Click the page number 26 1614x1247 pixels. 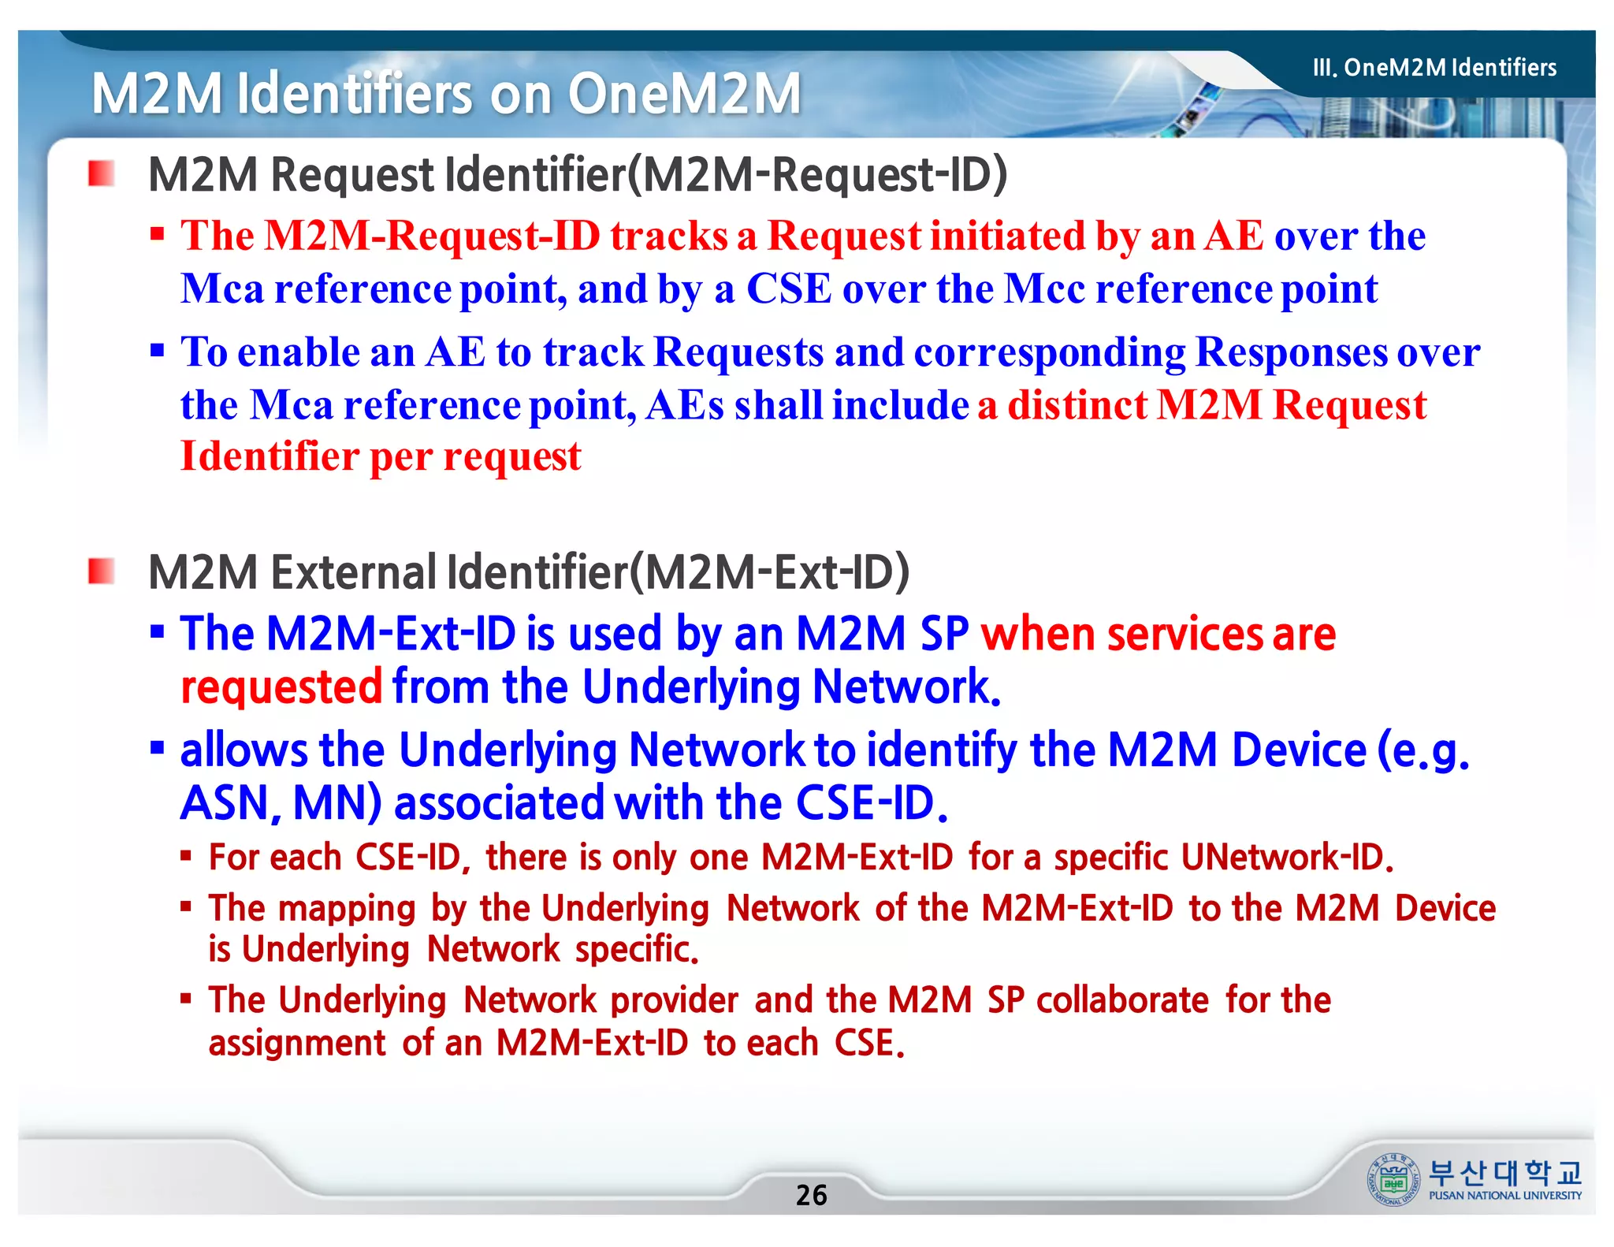(x=811, y=1195)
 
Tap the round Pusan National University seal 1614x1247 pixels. (x=1393, y=1179)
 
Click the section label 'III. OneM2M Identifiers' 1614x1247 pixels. (x=1434, y=68)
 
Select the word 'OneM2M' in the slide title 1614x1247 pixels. (x=684, y=94)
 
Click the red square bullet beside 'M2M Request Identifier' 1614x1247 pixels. (x=102, y=173)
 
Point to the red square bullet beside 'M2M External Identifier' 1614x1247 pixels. (x=102, y=571)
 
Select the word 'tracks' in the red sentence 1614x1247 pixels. (x=668, y=236)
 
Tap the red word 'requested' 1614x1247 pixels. (x=281, y=687)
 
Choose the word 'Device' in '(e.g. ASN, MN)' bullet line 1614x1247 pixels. (x=1298, y=750)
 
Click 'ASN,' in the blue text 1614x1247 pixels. (x=230, y=803)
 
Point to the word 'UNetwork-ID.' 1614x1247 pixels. (x=1287, y=858)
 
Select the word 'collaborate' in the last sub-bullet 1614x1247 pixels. (x=1122, y=1000)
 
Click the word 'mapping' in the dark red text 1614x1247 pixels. (x=347, y=909)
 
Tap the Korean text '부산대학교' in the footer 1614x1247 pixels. (x=1504, y=1173)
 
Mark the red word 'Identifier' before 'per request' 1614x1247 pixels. (x=270, y=456)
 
